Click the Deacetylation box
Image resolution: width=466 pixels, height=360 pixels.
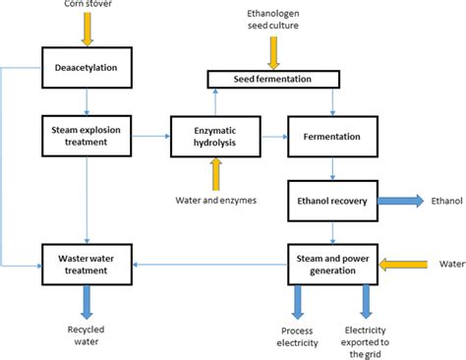pyautogui.click(x=87, y=68)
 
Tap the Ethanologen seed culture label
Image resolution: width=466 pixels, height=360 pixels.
pyautogui.click(x=274, y=19)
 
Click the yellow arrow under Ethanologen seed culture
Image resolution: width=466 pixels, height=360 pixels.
pyautogui.click(x=274, y=51)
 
